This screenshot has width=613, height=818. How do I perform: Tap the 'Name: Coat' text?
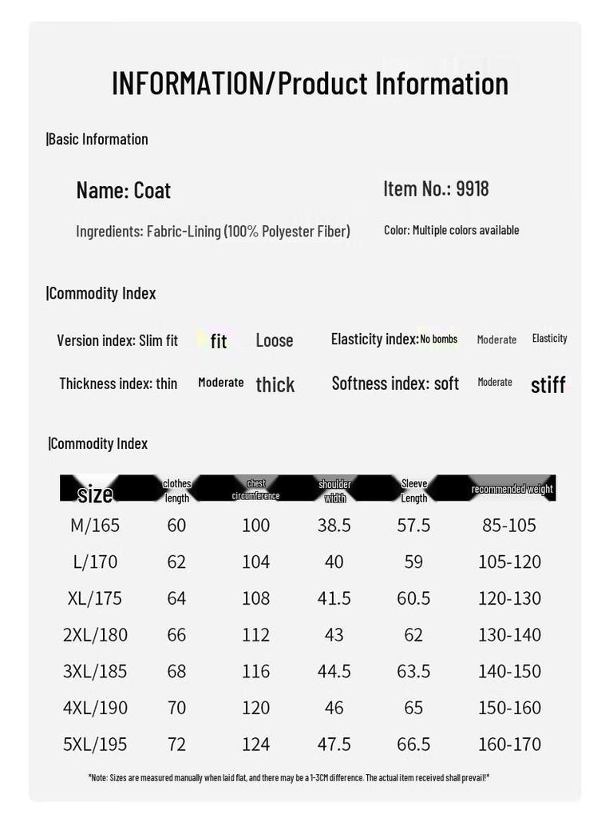(x=124, y=190)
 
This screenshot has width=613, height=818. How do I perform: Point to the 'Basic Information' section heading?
(x=98, y=139)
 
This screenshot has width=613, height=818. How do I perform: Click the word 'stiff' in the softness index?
(x=548, y=385)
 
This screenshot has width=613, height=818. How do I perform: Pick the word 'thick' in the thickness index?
(x=275, y=385)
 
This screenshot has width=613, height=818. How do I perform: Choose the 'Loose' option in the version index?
(x=275, y=340)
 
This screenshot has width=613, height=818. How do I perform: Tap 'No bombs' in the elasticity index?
(x=439, y=340)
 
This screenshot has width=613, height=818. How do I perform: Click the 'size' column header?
(x=95, y=494)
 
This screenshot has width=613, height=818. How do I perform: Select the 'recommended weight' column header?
(x=512, y=489)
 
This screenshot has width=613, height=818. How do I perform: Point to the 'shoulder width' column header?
(x=334, y=490)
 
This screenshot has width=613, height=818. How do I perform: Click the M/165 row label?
(x=95, y=525)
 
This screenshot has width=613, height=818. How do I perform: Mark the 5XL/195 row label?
(x=95, y=744)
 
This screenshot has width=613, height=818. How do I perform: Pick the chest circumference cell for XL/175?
(x=255, y=598)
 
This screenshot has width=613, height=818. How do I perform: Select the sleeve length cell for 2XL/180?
(x=413, y=634)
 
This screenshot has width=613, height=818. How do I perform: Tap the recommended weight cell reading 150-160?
(x=509, y=707)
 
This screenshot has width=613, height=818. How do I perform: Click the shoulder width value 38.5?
(x=334, y=525)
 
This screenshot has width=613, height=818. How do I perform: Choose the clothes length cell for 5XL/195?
(x=176, y=744)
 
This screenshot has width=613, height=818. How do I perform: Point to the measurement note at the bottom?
(x=288, y=777)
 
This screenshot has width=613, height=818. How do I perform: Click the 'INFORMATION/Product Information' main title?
(x=310, y=83)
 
